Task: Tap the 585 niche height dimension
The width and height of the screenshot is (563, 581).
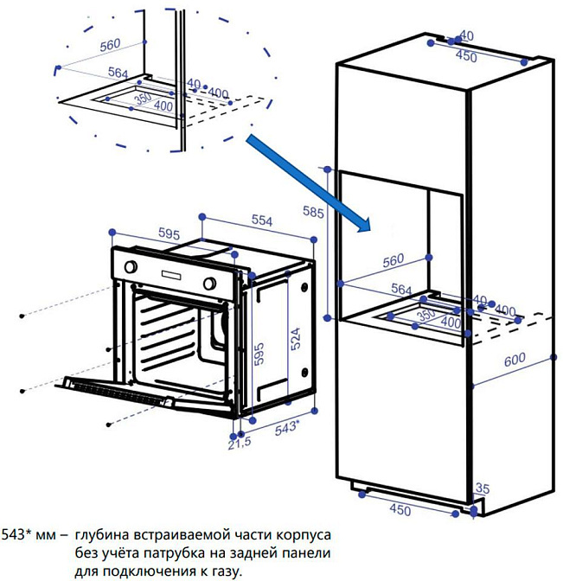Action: click(314, 210)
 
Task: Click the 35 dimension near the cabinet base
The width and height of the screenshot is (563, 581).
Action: click(482, 488)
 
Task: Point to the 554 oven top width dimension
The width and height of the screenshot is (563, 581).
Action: click(261, 221)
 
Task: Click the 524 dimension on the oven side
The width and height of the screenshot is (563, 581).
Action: click(296, 340)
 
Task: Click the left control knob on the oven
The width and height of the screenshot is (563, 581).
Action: click(131, 268)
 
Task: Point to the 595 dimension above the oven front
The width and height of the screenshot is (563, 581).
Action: click(169, 234)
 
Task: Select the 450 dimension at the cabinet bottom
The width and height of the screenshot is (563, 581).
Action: click(400, 510)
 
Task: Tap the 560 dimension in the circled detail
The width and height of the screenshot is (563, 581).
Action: click(110, 44)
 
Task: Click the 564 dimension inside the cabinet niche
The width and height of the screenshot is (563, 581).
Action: click(400, 289)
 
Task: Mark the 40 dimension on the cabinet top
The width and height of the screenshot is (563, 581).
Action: click(466, 35)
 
